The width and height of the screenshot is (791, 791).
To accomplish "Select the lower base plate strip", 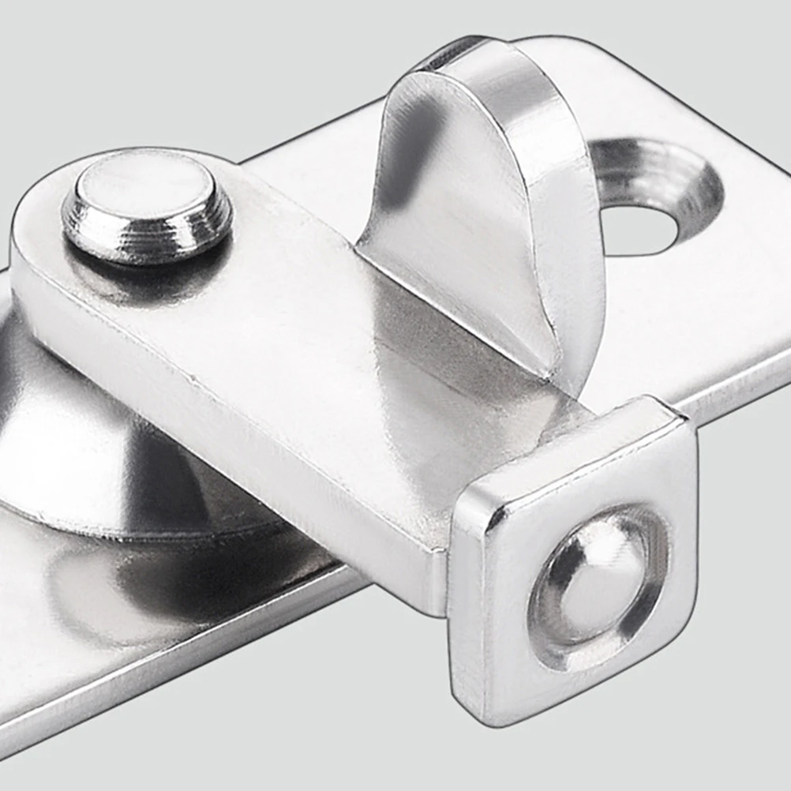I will [x=158, y=616].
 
